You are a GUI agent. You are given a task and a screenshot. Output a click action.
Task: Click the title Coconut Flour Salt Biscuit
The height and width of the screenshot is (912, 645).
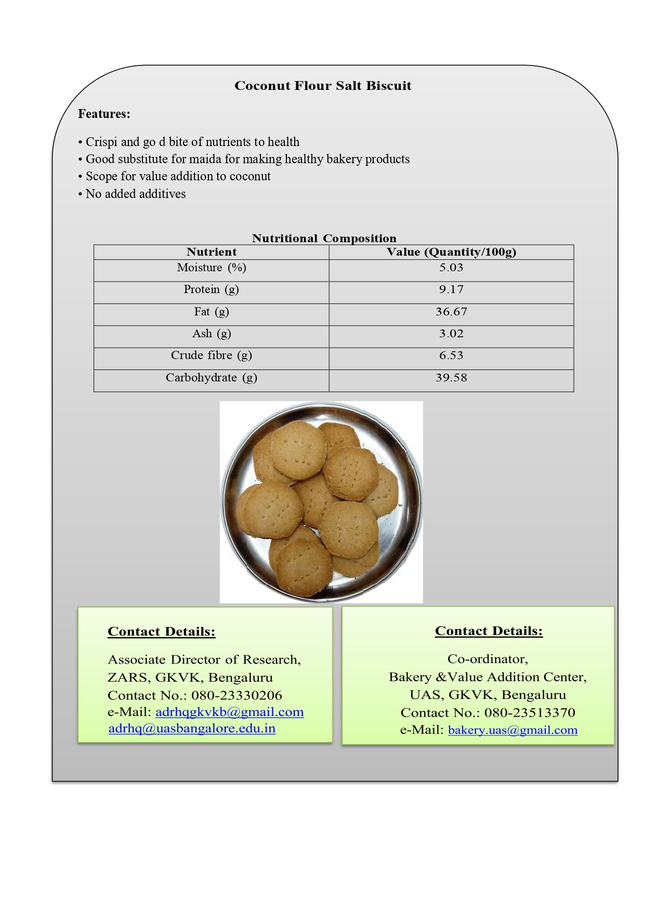322,86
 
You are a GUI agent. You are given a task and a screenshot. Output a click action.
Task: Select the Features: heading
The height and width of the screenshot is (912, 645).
104,114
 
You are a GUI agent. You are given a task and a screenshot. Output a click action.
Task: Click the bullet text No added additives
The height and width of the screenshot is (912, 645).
135,194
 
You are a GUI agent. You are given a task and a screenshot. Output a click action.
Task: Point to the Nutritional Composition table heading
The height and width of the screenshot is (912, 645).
324,239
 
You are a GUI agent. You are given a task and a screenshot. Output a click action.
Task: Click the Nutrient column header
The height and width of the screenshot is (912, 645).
212,252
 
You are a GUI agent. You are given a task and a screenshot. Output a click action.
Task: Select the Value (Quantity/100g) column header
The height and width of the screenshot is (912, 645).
451,252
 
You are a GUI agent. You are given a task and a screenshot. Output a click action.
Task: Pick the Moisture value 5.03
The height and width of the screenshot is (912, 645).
451,268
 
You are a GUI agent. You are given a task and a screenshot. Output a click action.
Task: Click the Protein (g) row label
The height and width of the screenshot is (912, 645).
211,289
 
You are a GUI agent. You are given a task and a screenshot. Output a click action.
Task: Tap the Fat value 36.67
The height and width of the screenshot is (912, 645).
451,312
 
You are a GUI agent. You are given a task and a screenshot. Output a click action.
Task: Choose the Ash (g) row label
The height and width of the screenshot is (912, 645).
211,334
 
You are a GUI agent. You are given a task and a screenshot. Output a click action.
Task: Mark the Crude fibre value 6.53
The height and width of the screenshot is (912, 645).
451,355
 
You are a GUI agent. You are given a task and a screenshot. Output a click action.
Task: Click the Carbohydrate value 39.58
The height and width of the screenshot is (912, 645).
451,378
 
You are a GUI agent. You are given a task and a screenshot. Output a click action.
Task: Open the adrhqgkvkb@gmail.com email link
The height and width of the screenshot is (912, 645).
229,712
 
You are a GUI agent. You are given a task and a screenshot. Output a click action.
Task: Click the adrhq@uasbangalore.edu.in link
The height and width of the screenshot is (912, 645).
192,729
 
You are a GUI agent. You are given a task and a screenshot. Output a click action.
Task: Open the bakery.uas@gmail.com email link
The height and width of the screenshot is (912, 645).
512,730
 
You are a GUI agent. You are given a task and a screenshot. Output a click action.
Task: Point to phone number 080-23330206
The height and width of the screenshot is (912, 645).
236,695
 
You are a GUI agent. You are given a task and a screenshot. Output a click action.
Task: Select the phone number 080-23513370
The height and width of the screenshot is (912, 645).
530,712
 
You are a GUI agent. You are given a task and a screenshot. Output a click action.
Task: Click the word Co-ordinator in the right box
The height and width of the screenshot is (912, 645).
487,659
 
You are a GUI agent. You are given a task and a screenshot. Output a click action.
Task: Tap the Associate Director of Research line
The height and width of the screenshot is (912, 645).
204,659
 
